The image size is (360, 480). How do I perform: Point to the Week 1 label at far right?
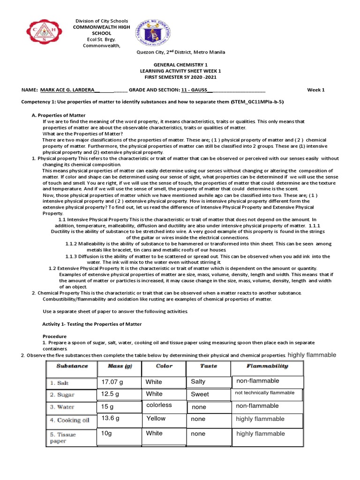tap(315, 90)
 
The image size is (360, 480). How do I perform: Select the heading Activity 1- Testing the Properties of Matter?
tap(92, 324)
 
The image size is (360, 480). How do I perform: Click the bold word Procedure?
tap(55, 337)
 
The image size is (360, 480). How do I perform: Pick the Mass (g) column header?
tap(119, 366)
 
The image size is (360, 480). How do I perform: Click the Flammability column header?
tap(267, 366)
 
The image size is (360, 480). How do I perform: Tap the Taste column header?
tap(209, 366)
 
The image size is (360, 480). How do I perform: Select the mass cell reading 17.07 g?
tap(112, 382)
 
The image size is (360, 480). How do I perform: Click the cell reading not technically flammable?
tap(265, 393)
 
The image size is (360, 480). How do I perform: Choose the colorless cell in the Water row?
tap(159, 405)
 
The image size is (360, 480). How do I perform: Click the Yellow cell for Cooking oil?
tap(156, 419)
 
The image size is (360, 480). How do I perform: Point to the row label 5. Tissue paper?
tap(63, 437)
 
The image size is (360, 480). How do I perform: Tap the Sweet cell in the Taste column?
tap(200, 394)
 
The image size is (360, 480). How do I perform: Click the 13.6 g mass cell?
tap(111, 418)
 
